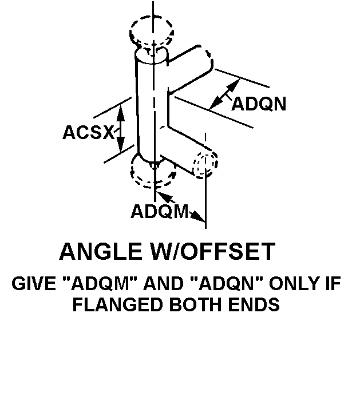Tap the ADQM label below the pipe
pyautogui.click(x=159, y=211)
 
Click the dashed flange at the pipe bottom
pyautogui.click(x=153, y=171)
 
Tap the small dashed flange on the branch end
pyautogui.click(x=205, y=165)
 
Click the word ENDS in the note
pyautogui.click(x=255, y=304)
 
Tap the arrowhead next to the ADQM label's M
pyautogui.click(x=197, y=216)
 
